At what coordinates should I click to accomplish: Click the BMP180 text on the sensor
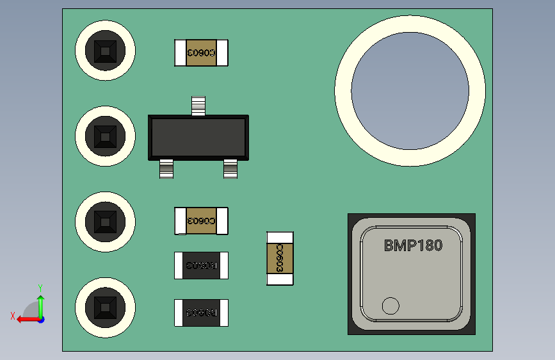tap(413, 245)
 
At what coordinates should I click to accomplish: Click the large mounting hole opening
tap(410, 90)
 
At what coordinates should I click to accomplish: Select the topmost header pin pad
tap(105, 51)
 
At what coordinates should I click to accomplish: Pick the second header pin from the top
tap(105, 136)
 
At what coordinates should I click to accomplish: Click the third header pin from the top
tap(105, 222)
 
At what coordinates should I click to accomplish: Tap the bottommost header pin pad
tap(105, 307)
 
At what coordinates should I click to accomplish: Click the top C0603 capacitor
tap(202, 53)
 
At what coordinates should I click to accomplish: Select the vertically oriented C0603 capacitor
tap(280, 258)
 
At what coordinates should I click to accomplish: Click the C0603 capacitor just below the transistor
tap(202, 221)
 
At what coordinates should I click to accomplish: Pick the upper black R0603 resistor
tap(202, 265)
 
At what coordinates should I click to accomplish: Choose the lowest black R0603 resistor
tap(202, 313)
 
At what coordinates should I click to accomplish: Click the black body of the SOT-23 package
tap(198, 137)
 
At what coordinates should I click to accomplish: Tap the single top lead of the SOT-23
tap(198, 105)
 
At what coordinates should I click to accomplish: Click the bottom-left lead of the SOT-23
tap(166, 169)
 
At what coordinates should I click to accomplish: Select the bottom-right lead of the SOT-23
tap(230, 169)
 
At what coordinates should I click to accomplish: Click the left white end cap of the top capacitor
tap(180, 53)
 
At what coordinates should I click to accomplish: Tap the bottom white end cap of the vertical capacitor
tap(280, 279)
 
